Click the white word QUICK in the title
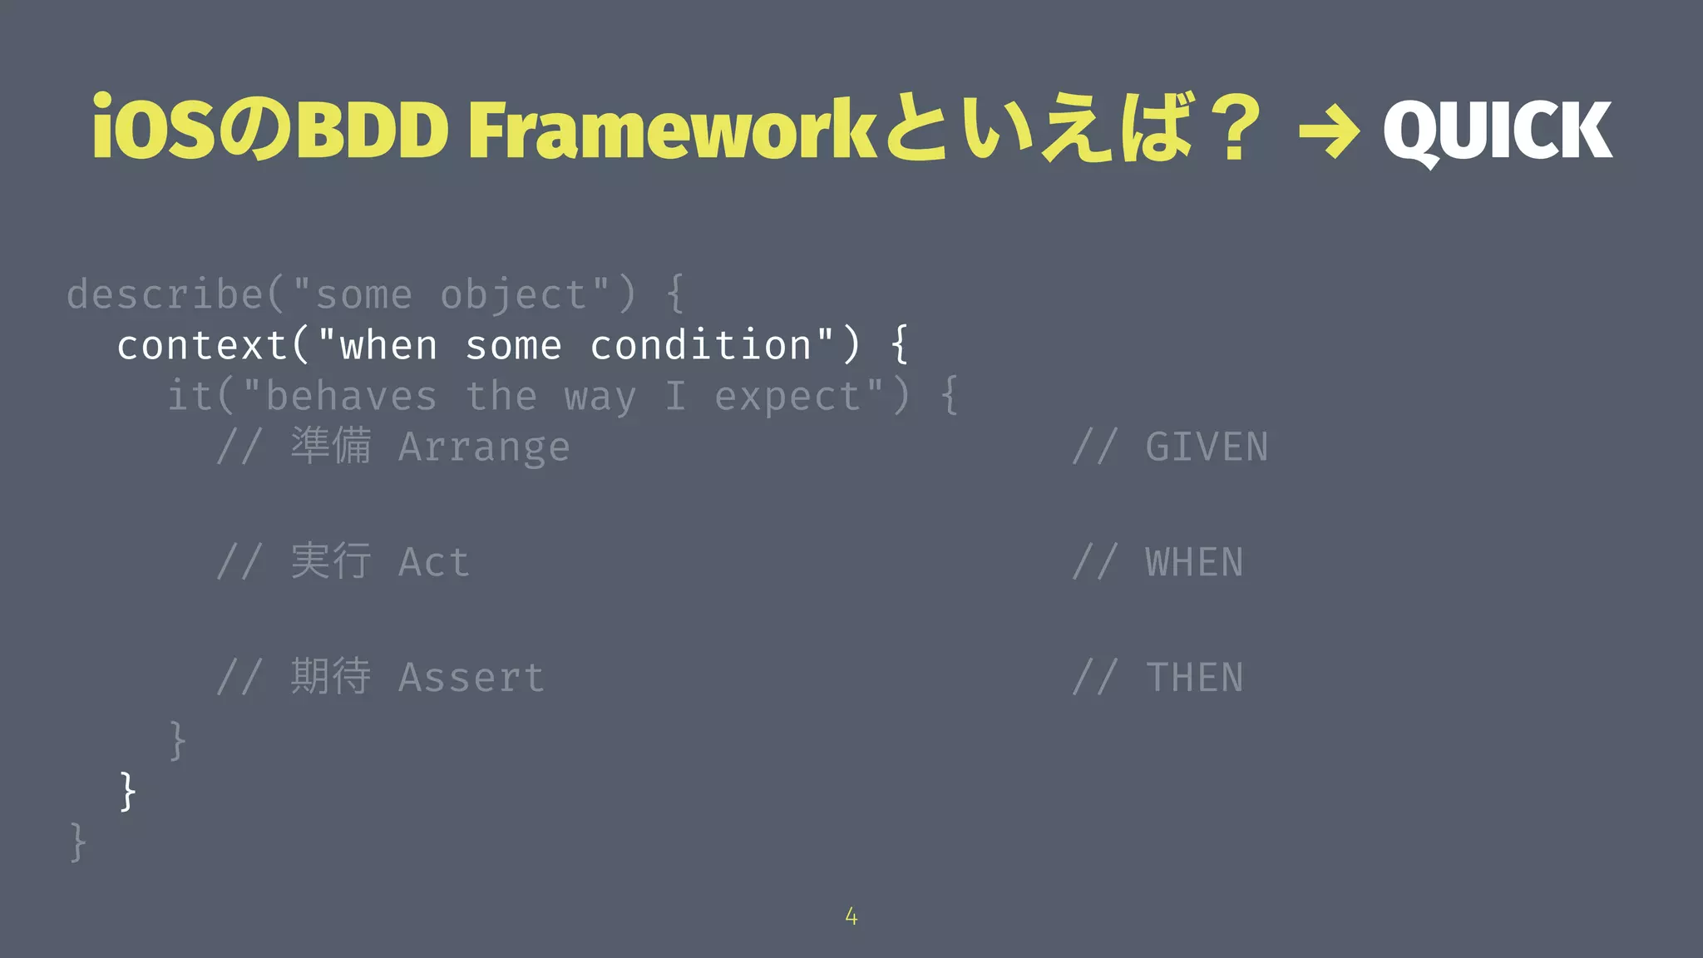coord(1497,131)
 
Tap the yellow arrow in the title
coord(1328,132)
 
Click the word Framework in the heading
coord(672,131)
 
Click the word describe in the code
coord(165,294)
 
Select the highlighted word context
coord(202,345)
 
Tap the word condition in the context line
coord(700,345)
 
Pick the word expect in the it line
coord(788,397)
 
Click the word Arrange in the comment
coord(484,447)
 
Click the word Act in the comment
coord(433,563)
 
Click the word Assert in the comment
coord(471,678)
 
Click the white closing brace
coord(127,791)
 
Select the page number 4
coord(851,916)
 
